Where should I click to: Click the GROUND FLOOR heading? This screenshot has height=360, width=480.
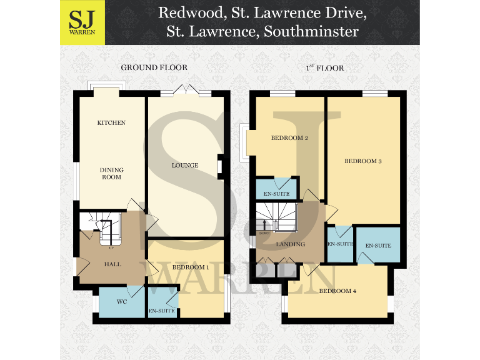tap(154, 67)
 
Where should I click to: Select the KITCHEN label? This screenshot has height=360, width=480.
tap(111, 123)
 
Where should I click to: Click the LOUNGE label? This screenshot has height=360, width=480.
tap(185, 166)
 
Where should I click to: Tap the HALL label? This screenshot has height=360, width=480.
tap(112, 264)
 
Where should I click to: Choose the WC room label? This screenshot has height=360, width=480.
tap(122, 301)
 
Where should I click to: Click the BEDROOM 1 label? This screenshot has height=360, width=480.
tap(190, 267)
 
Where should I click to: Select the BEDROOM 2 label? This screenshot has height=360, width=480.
tap(289, 138)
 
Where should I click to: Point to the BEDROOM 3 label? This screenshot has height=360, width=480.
tap(363, 161)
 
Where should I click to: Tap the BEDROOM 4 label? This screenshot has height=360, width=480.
tap(338, 291)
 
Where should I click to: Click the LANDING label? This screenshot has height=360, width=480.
tap(291, 244)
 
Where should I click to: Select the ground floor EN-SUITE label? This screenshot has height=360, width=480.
tap(161, 311)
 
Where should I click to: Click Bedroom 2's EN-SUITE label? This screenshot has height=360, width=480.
tap(276, 193)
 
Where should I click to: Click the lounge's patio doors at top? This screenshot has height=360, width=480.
tap(186, 91)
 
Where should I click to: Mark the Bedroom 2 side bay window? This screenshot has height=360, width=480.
tap(245, 142)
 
